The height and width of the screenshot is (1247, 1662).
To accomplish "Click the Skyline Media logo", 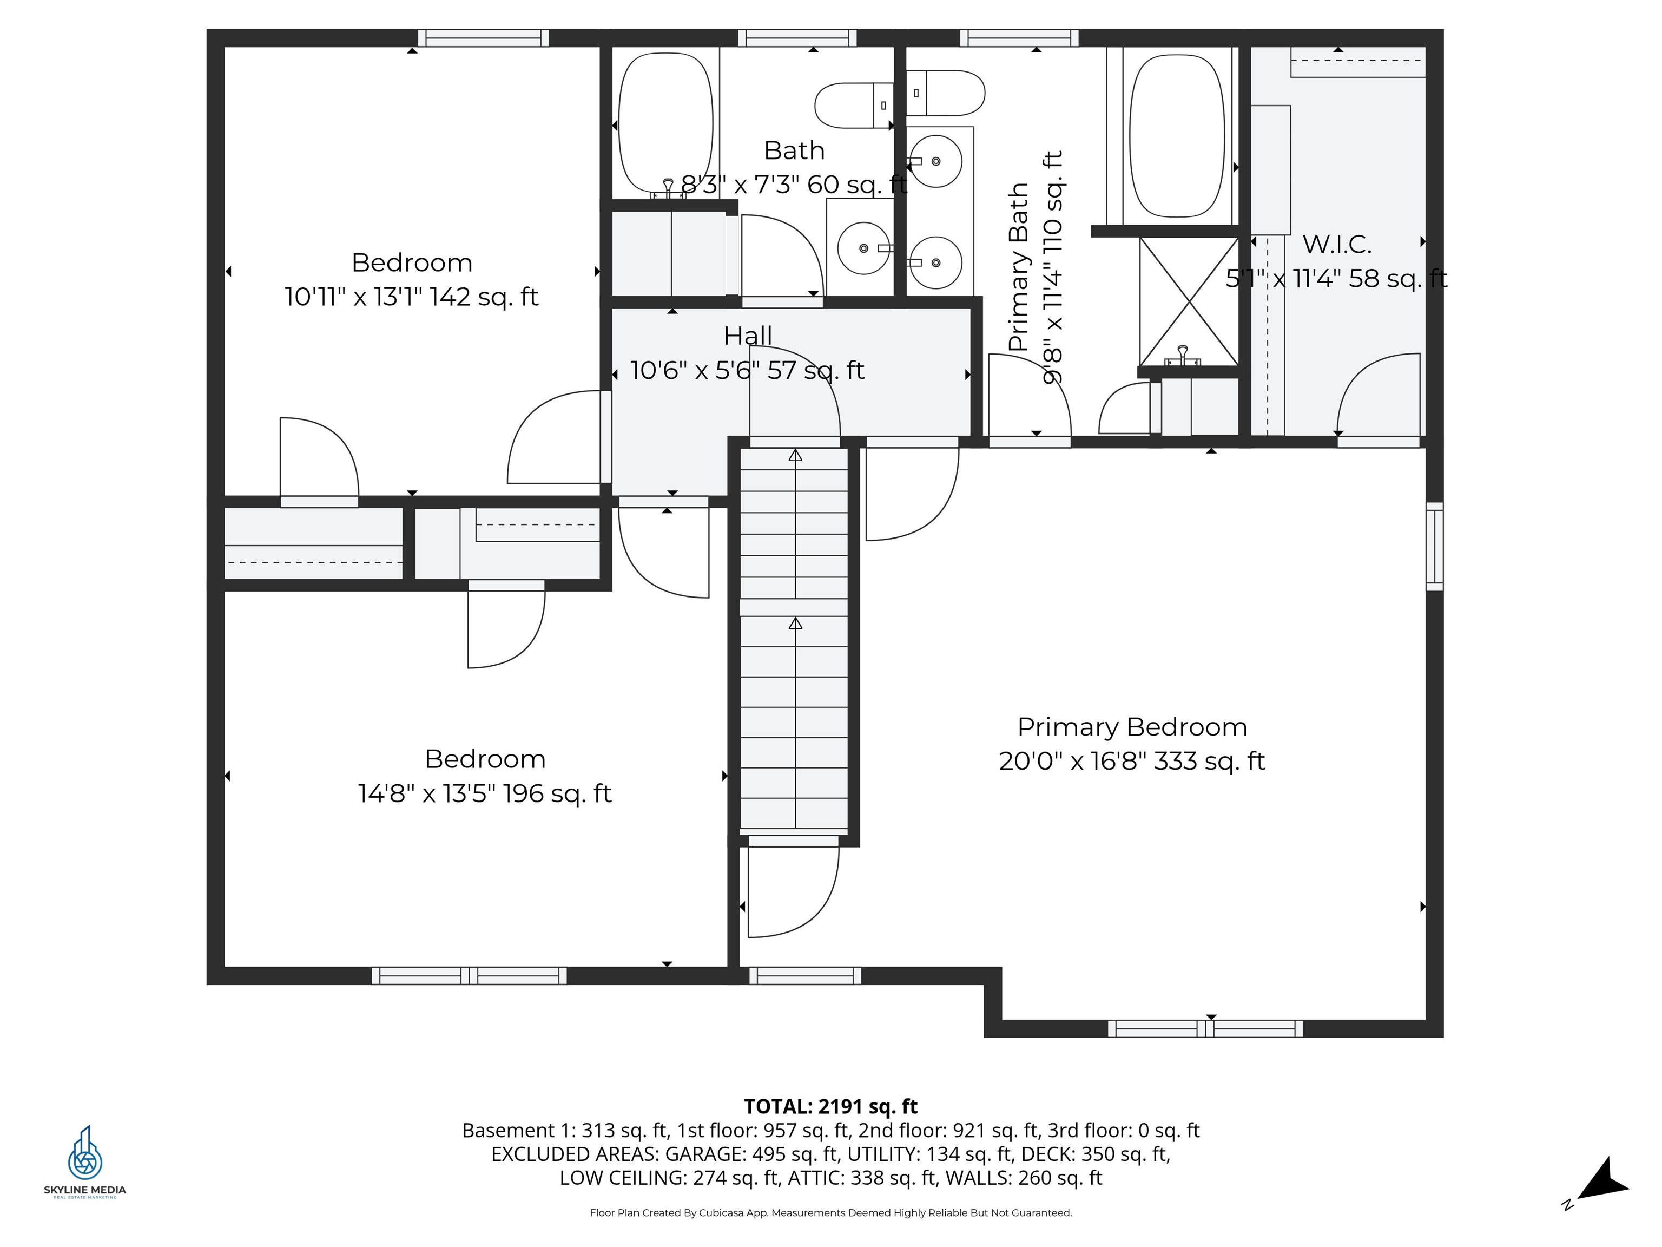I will pyautogui.click(x=85, y=1162).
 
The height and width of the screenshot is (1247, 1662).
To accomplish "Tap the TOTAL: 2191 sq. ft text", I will pyautogui.click(x=830, y=1106).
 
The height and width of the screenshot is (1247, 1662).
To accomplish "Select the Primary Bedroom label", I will pyautogui.click(x=1132, y=727).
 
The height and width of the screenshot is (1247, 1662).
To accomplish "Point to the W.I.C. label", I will pyautogui.click(x=1337, y=244).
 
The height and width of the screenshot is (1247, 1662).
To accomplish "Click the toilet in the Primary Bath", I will pyautogui.click(x=945, y=93).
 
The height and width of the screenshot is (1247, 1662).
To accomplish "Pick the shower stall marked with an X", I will pyautogui.click(x=1189, y=301).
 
